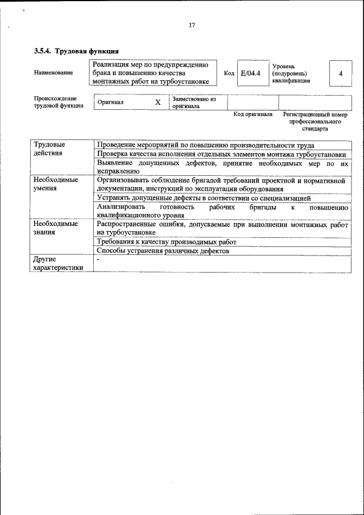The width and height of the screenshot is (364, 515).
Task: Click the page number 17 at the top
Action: click(x=192, y=25)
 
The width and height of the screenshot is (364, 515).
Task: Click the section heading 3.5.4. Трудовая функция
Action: click(x=76, y=51)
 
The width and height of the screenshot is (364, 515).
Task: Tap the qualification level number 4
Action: click(x=340, y=74)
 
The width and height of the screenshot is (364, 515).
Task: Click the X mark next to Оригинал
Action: click(x=158, y=102)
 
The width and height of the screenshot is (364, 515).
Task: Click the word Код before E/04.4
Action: click(x=229, y=73)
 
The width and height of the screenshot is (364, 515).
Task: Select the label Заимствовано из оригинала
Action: click(x=194, y=102)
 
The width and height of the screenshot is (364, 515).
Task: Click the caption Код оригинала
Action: click(x=253, y=115)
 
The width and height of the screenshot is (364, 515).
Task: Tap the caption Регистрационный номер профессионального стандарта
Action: click(x=315, y=122)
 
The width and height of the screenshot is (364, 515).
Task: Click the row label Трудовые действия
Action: click(x=49, y=149)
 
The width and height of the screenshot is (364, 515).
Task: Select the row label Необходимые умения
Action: click(x=56, y=184)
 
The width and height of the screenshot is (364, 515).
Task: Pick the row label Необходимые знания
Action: click(x=56, y=228)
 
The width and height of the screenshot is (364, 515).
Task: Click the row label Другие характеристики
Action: click(x=58, y=263)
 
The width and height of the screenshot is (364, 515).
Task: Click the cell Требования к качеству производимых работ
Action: click(x=166, y=242)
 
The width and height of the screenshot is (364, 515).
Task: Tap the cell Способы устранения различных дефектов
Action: click(x=163, y=251)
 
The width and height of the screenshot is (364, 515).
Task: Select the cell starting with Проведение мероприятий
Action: click(x=205, y=145)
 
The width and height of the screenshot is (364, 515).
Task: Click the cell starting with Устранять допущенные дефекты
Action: click(x=204, y=198)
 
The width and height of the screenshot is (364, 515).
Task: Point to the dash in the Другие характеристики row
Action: click(x=98, y=260)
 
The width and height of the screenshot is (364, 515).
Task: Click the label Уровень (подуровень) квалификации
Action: click(x=291, y=73)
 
